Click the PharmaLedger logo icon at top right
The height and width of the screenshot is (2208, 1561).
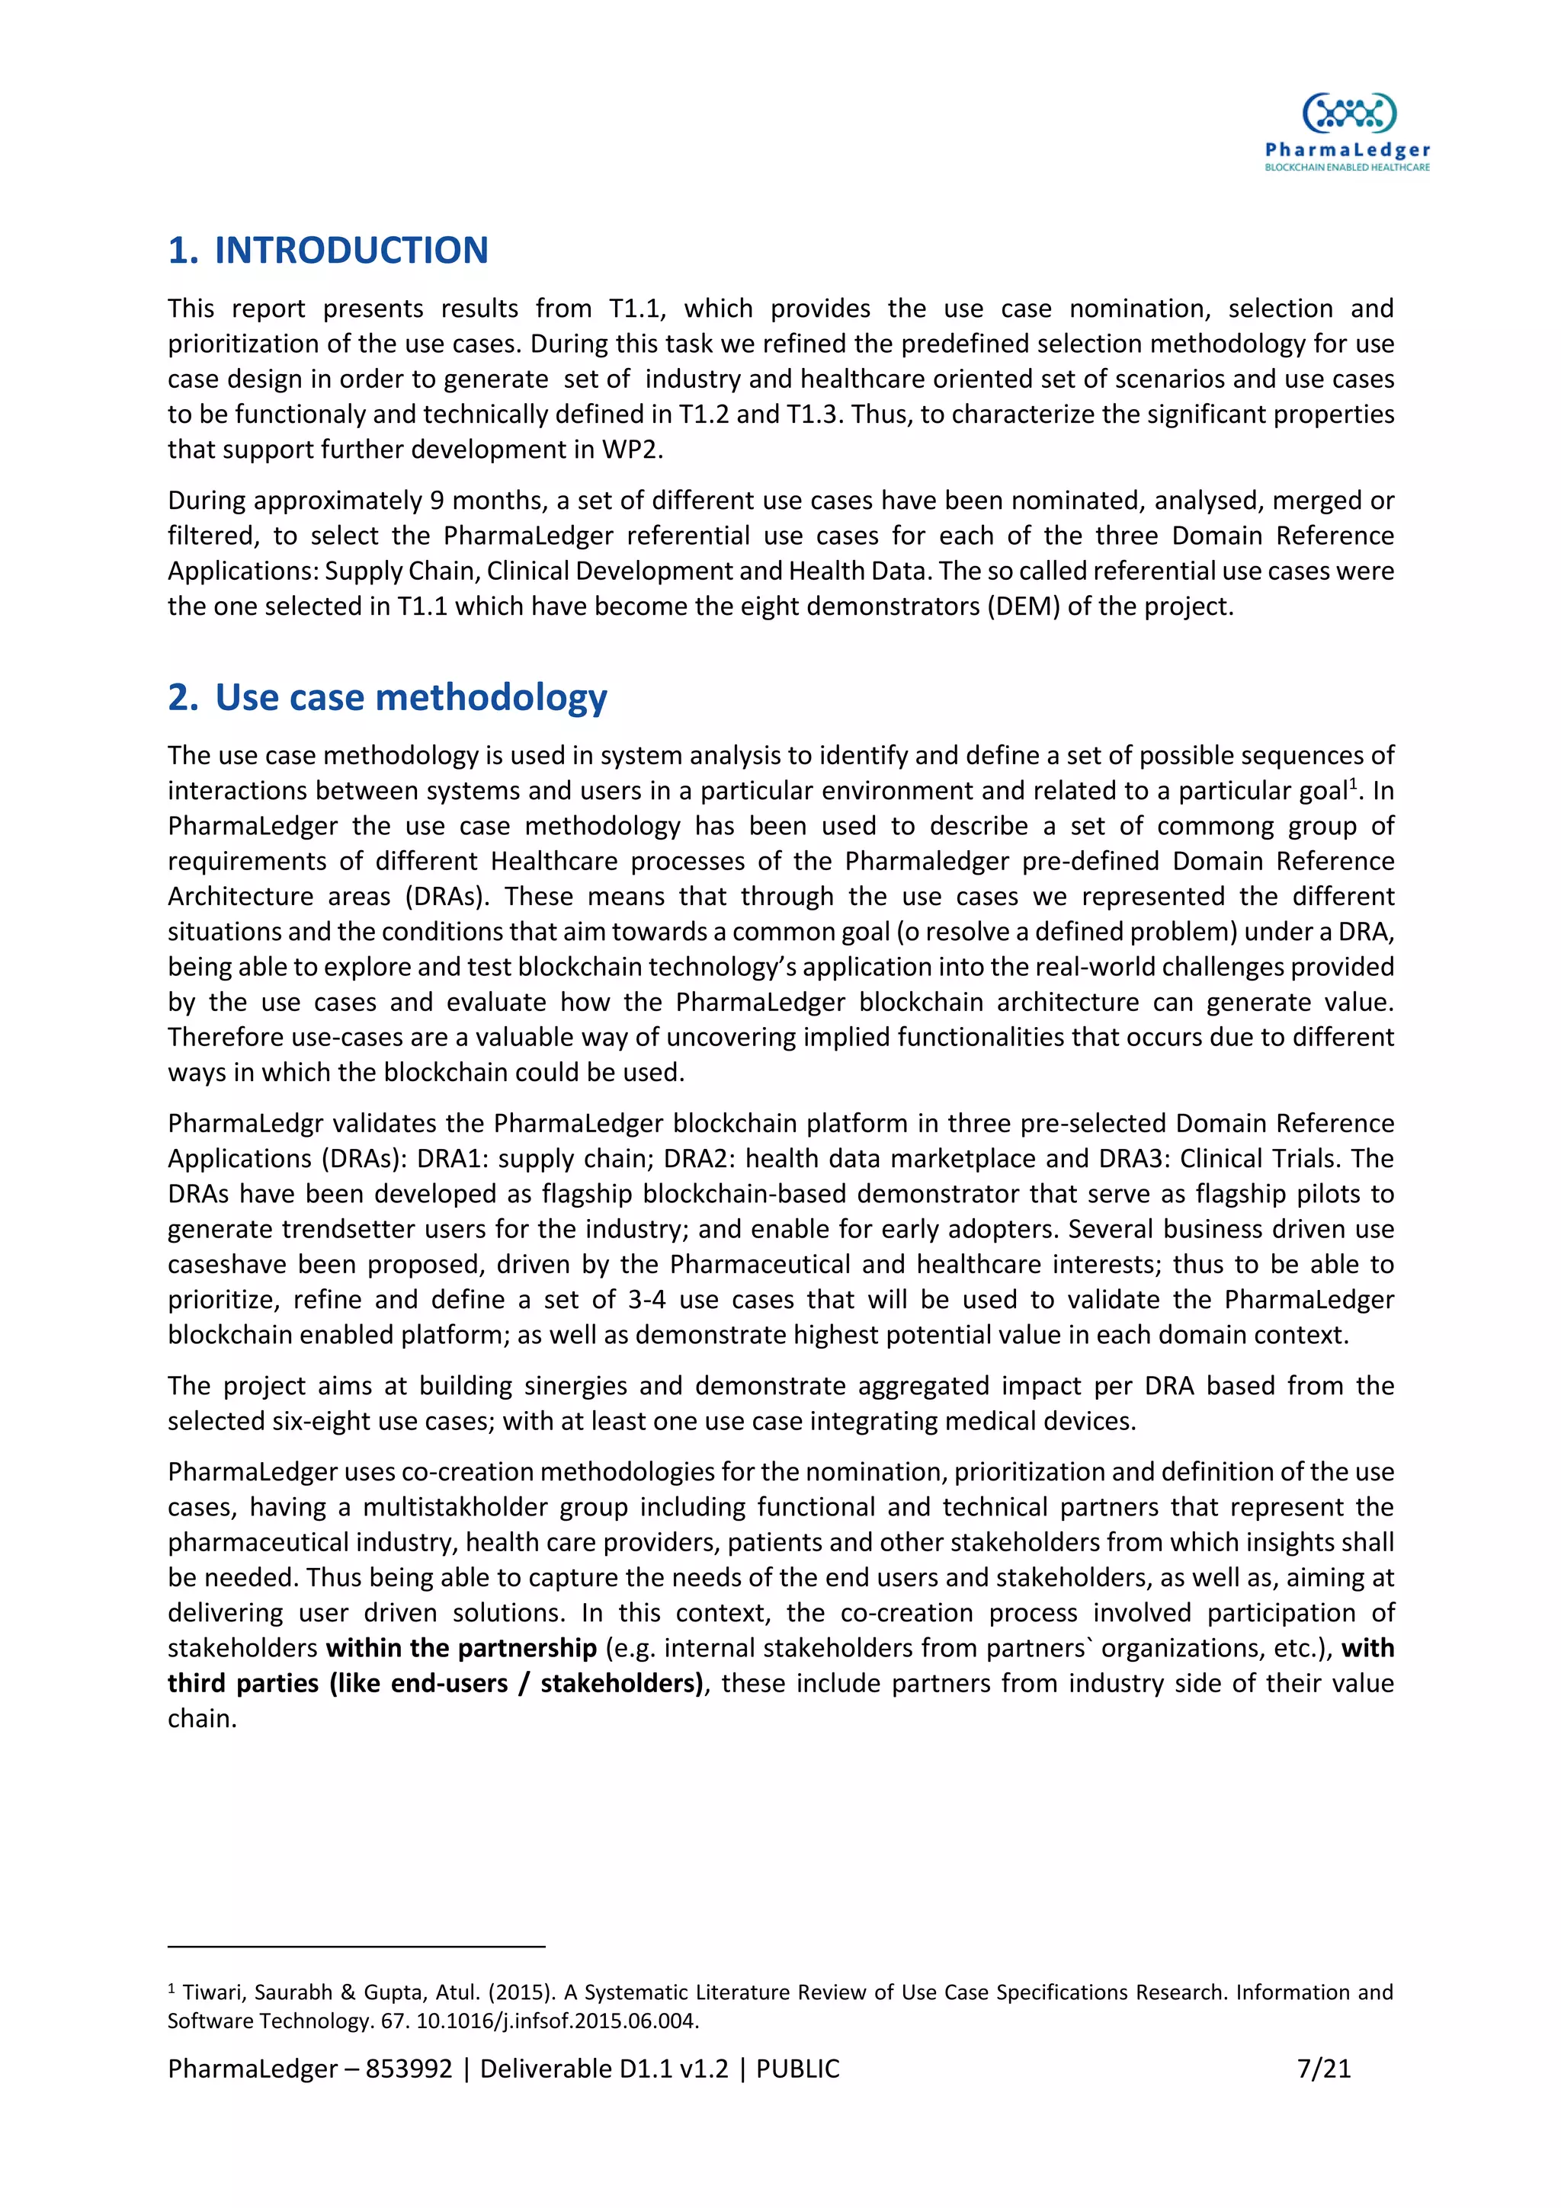(1348, 114)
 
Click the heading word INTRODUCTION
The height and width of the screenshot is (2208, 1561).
(351, 251)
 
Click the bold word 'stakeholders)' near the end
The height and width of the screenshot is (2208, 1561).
(622, 1683)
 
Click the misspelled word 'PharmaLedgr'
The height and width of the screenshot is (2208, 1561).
(245, 1123)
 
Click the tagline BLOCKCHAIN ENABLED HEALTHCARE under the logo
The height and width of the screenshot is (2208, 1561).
(1347, 168)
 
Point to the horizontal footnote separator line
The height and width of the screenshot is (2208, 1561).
(356, 1947)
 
